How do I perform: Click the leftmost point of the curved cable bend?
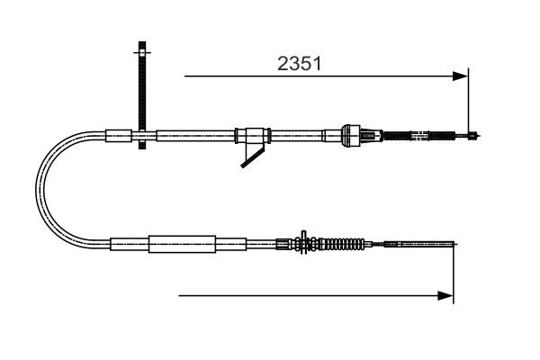[37, 188]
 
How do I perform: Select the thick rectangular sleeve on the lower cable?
[183, 243]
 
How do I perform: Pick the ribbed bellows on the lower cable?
[342, 243]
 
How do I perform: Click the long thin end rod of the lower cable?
[423, 243]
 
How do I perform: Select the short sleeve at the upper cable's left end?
[118, 136]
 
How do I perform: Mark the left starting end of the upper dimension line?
[185, 76]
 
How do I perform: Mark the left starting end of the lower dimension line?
[180, 294]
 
